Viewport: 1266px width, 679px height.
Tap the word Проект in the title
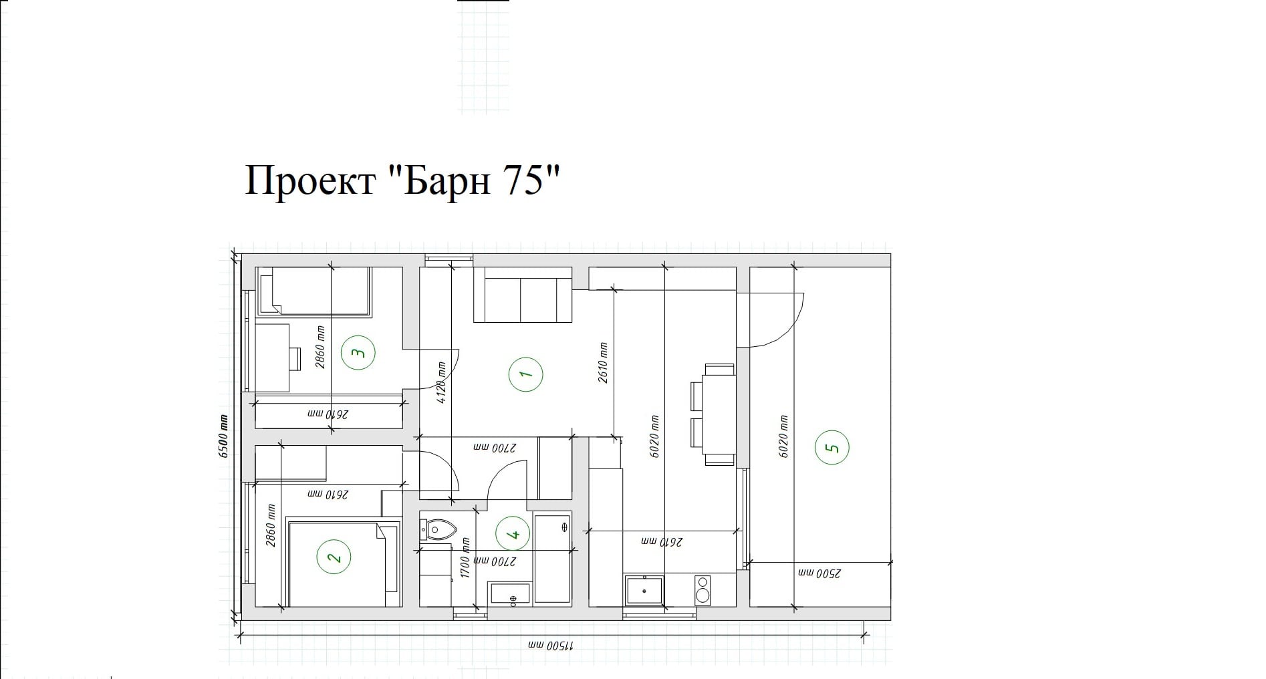[309, 180]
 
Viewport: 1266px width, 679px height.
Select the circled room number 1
[525, 375]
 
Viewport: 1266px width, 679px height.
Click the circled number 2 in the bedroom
[334, 557]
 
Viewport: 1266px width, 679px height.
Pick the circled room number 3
[358, 352]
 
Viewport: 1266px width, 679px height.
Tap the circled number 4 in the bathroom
[513, 535]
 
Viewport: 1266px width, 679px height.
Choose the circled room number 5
[832, 447]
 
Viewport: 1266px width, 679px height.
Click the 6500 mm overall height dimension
[223, 436]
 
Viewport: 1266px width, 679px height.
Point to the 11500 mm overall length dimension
[551, 647]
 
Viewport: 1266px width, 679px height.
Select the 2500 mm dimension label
[819, 573]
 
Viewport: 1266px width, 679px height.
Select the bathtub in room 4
[553, 559]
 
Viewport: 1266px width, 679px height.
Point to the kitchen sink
[644, 591]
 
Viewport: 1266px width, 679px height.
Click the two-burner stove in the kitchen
[703, 591]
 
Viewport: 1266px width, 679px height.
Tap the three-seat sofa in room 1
[523, 295]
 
